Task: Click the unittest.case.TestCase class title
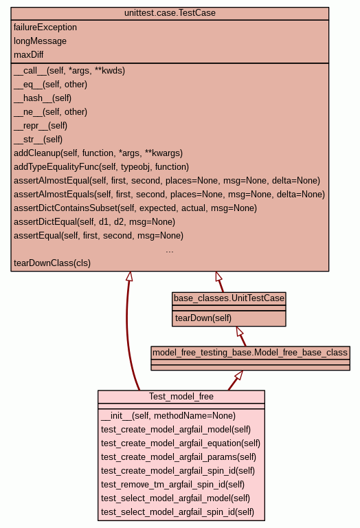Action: pos(170,13)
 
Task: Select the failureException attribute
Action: pos(45,27)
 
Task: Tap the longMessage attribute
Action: pos(40,41)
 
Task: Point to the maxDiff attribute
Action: pos(29,54)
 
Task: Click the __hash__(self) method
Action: pos(43,98)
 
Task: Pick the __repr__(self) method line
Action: pos(41,126)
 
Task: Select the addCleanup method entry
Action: pos(98,153)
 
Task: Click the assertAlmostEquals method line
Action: pos(169,195)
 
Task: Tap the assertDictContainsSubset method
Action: pos(135,208)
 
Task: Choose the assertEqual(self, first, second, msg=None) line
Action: pos(98,235)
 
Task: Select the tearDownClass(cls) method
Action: pos(52,263)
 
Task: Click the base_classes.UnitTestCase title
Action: pos(229,298)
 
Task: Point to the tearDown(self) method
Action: pos(203,318)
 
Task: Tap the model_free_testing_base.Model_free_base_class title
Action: pos(250,353)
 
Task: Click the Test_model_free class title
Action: pos(181,396)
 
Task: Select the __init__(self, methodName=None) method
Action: pos(168,416)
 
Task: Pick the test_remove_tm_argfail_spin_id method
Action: pos(172,485)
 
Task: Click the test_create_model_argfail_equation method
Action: pos(181,443)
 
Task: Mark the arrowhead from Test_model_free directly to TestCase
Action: pos(130,276)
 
